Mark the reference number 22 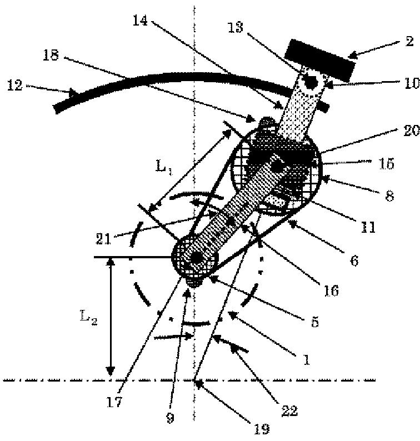coord(289,411)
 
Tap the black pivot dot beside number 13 coord(310,81)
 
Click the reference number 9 coord(171,418)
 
